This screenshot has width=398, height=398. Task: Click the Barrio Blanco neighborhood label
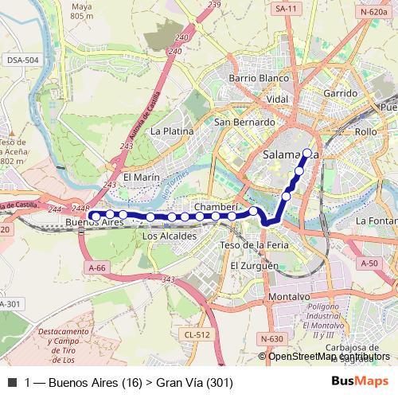pos(257,79)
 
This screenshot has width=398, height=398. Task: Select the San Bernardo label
pos(245,123)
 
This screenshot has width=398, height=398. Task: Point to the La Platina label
pos(172,131)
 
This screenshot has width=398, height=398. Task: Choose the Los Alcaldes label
pos(169,236)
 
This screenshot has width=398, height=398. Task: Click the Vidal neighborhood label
pos(278,99)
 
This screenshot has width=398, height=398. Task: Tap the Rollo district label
pos(366,131)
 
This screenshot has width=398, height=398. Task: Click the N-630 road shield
pos(271,339)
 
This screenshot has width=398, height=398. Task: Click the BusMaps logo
pos(360,382)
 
